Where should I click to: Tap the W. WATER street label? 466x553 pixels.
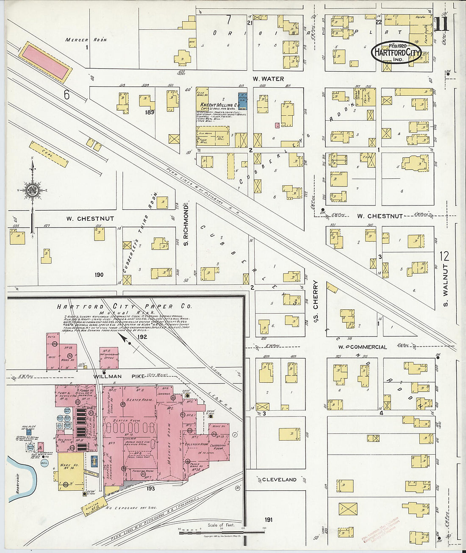click(268, 79)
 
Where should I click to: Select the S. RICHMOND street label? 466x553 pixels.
click(186, 228)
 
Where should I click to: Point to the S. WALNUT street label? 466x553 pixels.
click(445, 290)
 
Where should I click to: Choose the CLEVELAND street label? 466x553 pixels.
click(279, 480)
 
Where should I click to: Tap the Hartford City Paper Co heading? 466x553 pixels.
click(124, 306)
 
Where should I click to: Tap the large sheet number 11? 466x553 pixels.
click(442, 25)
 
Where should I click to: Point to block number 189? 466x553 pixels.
click(149, 112)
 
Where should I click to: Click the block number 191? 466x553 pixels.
click(268, 520)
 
